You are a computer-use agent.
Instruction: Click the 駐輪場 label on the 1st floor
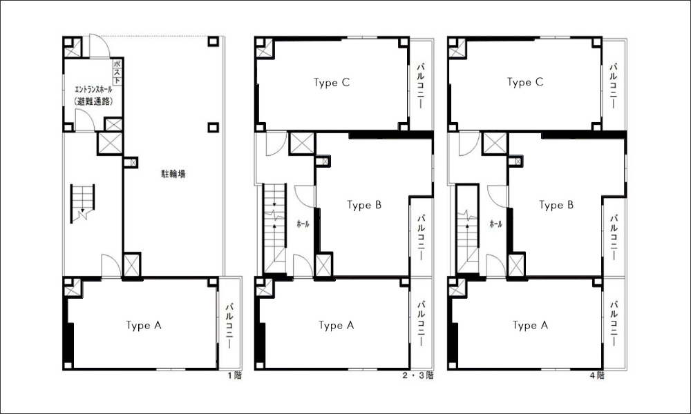click(x=173, y=174)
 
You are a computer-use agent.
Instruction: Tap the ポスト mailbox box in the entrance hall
click(x=117, y=72)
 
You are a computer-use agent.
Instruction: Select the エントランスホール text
click(x=93, y=90)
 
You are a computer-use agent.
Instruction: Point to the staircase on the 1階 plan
click(x=82, y=203)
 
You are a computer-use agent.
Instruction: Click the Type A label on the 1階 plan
click(x=144, y=326)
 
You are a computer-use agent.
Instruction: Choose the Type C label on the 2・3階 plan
click(x=332, y=83)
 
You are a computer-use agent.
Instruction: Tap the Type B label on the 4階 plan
click(x=556, y=205)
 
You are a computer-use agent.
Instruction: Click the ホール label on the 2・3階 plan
click(x=303, y=224)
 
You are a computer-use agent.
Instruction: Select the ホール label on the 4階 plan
click(x=495, y=224)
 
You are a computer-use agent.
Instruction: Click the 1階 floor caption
click(x=234, y=376)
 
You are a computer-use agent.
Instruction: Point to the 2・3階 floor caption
click(x=418, y=376)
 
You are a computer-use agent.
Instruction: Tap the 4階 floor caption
click(x=597, y=376)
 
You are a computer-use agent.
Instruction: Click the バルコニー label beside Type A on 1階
click(x=229, y=326)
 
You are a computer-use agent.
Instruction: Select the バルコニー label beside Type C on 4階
click(x=613, y=86)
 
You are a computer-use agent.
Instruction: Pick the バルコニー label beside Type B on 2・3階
click(x=421, y=237)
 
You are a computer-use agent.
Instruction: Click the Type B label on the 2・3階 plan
click(x=364, y=205)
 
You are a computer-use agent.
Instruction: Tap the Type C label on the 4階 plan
click(x=525, y=82)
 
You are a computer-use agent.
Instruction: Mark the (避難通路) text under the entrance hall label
click(x=93, y=101)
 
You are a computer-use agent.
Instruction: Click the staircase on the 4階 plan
click(x=468, y=230)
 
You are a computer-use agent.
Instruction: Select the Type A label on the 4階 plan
click(x=530, y=326)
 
